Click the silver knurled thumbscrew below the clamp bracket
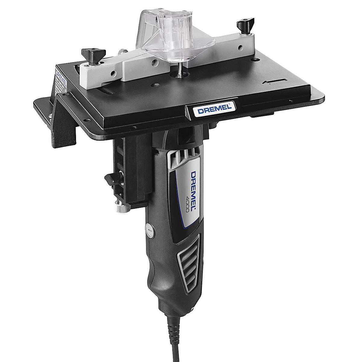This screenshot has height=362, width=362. [118, 209]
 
